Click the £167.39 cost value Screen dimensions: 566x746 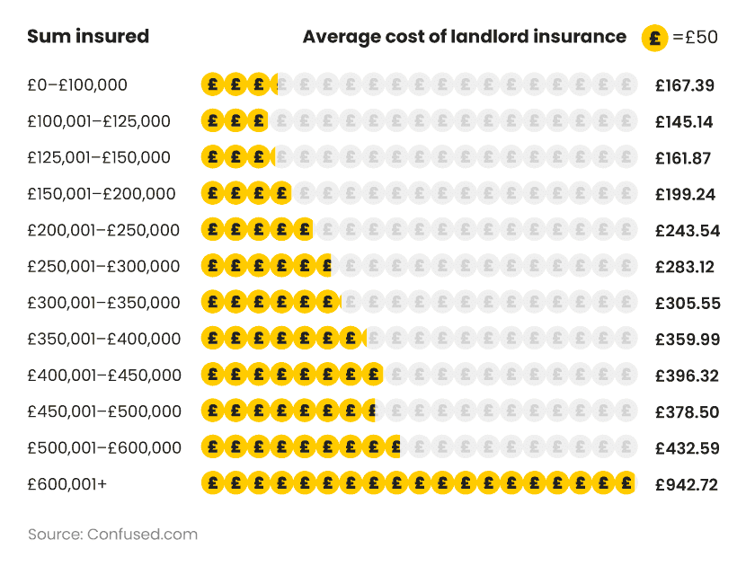(x=685, y=85)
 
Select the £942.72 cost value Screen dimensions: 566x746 (x=687, y=484)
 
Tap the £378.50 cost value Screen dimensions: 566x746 (x=687, y=411)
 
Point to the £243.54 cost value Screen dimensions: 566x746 (x=688, y=230)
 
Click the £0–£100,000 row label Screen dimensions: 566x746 (x=77, y=85)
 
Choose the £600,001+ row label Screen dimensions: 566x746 (x=67, y=484)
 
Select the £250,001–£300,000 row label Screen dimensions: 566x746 (x=103, y=267)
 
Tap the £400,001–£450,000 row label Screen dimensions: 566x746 (x=103, y=376)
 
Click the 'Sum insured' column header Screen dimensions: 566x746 (x=88, y=37)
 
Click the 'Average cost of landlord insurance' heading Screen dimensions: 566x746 (x=464, y=37)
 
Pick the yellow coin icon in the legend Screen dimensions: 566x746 (x=654, y=38)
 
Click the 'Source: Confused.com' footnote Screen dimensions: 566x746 (x=112, y=534)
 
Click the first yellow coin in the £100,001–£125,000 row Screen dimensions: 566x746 (x=213, y=121)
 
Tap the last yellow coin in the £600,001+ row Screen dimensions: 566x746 (x=624, y=484)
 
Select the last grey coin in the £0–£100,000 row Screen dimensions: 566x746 (x=626, y=85)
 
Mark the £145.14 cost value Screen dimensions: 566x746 (x=684, y=121)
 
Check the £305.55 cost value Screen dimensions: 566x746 (x=688, y=303)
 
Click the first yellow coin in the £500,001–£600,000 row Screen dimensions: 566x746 (x=213, y=447)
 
